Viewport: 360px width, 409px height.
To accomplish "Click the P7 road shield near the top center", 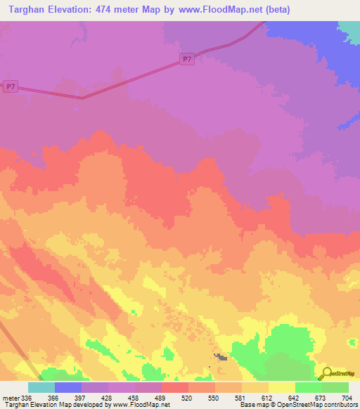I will pos(186,60).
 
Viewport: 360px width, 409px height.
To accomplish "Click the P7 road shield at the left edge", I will pos(10,86).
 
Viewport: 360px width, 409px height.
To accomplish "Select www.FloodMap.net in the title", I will pos(220,9).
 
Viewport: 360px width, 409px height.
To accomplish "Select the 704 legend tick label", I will pos(347,397).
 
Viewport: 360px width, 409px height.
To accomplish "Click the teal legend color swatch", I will pos(41,387).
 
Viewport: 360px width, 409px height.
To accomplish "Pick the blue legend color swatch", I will pos(68,387).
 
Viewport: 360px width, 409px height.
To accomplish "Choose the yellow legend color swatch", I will pos(282,387).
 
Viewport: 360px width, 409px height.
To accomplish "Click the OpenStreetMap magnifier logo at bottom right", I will pos(326,373).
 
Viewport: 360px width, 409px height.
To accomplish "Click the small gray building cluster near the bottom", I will pos(221,358).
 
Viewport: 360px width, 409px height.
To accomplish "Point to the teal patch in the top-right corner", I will pos(349,27).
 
